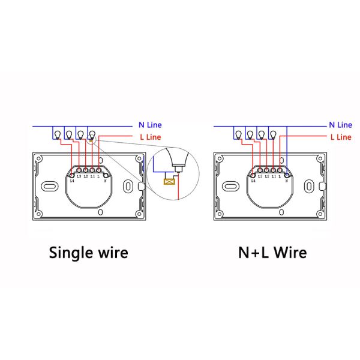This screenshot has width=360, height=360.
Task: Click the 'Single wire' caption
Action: (88, 252)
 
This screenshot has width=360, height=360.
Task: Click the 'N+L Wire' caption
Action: (271, 252)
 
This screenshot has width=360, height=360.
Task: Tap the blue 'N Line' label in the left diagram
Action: (150, 125)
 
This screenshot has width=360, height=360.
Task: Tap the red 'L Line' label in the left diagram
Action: (150, 137)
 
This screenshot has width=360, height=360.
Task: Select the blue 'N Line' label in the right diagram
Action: (340, 125)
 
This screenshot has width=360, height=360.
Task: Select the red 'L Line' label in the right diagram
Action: (340, 137)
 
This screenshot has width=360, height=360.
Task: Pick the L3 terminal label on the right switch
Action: (260, 176)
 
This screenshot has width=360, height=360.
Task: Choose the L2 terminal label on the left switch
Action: (86, 176)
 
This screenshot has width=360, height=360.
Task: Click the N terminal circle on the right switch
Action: (287, 174)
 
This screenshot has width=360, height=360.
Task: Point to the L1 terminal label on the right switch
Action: (274, 176)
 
